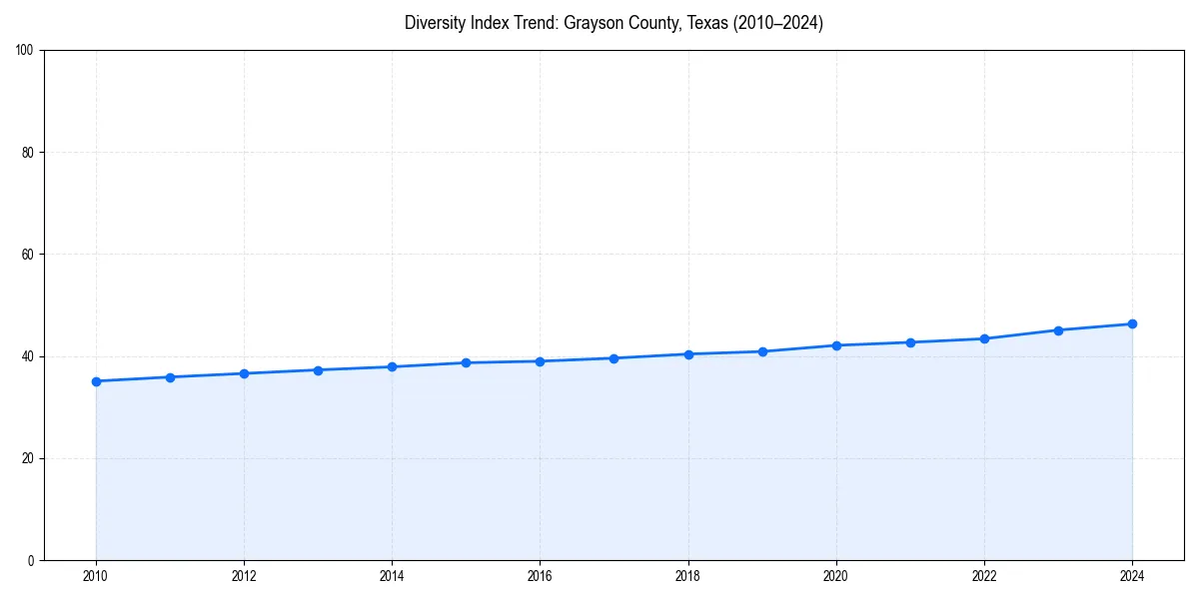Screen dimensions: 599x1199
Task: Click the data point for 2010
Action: (96, 381)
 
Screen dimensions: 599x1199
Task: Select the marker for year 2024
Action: (1132, 323)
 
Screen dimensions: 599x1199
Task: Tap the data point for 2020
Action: (836, 345)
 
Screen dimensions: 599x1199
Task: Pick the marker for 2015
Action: (466, 362)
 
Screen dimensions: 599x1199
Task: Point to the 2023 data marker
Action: (1058, 330)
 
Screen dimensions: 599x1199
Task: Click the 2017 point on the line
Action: (613, 358)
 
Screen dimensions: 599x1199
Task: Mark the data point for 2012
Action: (244, 373)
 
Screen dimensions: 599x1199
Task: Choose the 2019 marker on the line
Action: (762, 351)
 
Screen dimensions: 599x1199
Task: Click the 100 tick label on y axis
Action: (25, 50)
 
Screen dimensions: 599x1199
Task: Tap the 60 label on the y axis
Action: (28, 255)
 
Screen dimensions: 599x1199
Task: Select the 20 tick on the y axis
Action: (28, 458)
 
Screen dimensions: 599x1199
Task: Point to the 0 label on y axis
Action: (31, 560)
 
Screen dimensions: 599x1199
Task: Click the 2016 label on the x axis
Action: (540, 576)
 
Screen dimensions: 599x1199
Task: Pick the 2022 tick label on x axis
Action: (984, 576)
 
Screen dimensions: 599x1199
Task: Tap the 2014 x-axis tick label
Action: (392, 576)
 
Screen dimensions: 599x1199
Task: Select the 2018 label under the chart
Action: (687, 576)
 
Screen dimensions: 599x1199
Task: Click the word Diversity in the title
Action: (435, 23)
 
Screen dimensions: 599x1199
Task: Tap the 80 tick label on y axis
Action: (28, 153)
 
